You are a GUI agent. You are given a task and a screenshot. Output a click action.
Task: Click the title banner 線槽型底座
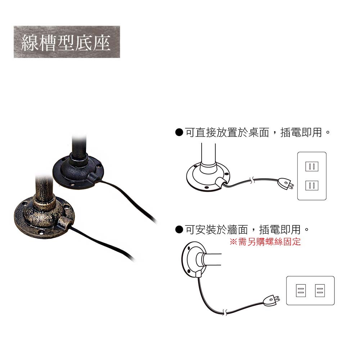(x=67, y=42)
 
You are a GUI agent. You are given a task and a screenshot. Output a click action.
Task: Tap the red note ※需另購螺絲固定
(x=265, y=242)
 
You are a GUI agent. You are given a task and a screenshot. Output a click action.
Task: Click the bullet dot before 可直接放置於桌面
(x=179, y=132)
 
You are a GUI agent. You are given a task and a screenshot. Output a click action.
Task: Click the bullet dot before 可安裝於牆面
(x=179, y=229)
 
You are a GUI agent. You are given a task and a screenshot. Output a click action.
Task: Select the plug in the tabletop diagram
(x=285, y=184)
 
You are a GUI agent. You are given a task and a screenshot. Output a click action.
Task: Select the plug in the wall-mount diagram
(x=271, y=301)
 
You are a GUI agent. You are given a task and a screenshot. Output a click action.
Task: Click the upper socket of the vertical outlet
(x=312, y=166)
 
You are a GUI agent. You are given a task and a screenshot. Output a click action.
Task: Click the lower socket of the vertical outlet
(x=312, y=185)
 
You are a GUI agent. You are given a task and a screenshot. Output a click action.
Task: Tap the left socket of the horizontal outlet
(x=301, y=291)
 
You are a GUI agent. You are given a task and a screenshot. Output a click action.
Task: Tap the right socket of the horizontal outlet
(x=320, y=291)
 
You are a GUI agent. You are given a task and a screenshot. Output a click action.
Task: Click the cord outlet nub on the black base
(x=93, y=177)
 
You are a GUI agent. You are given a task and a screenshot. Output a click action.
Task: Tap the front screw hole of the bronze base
(x=41, y=233)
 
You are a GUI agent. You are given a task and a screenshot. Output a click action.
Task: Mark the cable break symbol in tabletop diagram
(x=252, y=180)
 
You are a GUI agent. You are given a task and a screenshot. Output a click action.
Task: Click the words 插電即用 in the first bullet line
(x=301, y=132)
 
